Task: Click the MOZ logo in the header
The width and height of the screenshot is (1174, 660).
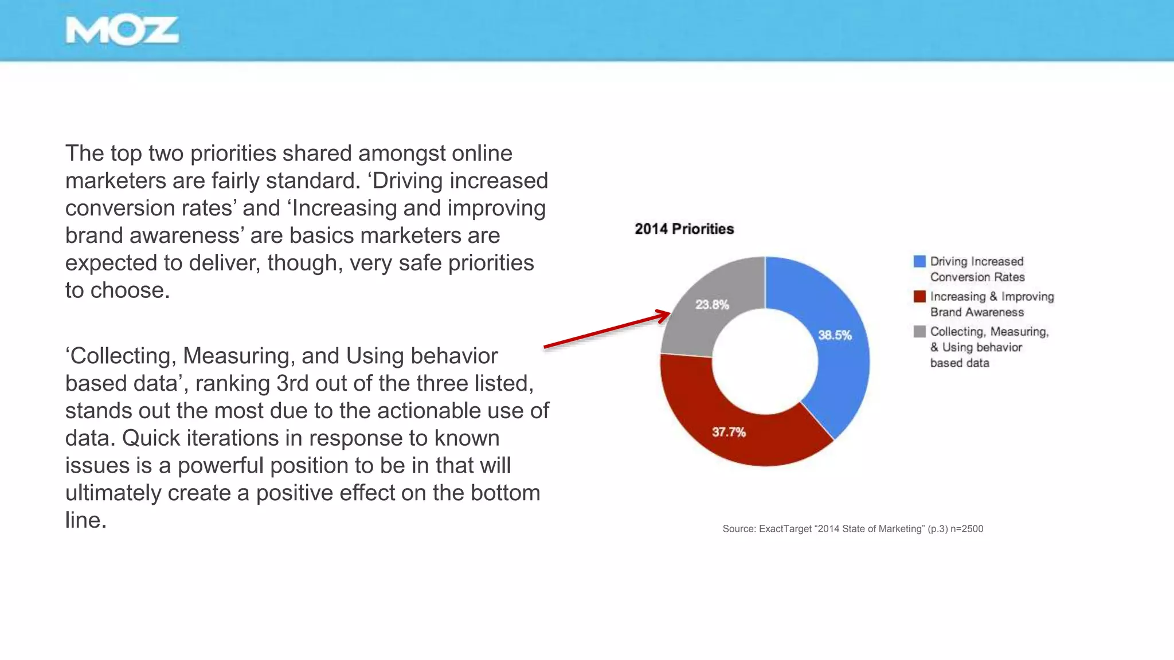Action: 122,30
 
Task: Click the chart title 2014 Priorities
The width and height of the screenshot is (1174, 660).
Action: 684,229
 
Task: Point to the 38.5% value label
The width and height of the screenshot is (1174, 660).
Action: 835,335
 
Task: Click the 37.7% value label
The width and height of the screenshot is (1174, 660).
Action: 729,432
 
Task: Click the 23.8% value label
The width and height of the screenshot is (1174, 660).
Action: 712,305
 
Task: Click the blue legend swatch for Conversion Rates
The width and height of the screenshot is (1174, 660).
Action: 919,262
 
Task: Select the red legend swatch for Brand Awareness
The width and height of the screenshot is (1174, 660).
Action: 919,297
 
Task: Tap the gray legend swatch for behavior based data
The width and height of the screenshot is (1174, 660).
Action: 919,332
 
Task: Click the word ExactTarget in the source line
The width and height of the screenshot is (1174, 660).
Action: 785,529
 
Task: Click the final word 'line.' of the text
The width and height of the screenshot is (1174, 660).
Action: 86,520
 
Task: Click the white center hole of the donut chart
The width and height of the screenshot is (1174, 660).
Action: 765,361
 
